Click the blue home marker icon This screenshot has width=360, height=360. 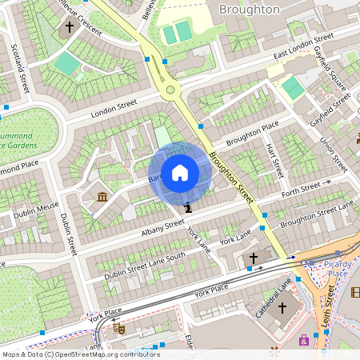coord(180,173)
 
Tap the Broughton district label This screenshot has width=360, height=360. coord(250,10)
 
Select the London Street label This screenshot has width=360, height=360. coord(114,110)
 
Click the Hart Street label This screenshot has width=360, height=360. coord(274,159)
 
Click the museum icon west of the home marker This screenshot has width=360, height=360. coord(103,197)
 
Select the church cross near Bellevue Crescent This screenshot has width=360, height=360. coord(70,26)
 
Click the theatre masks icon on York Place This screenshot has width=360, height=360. coord(119,327)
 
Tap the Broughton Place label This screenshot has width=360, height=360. coord(252,134)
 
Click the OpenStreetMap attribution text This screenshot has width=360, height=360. coord(80,354)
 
